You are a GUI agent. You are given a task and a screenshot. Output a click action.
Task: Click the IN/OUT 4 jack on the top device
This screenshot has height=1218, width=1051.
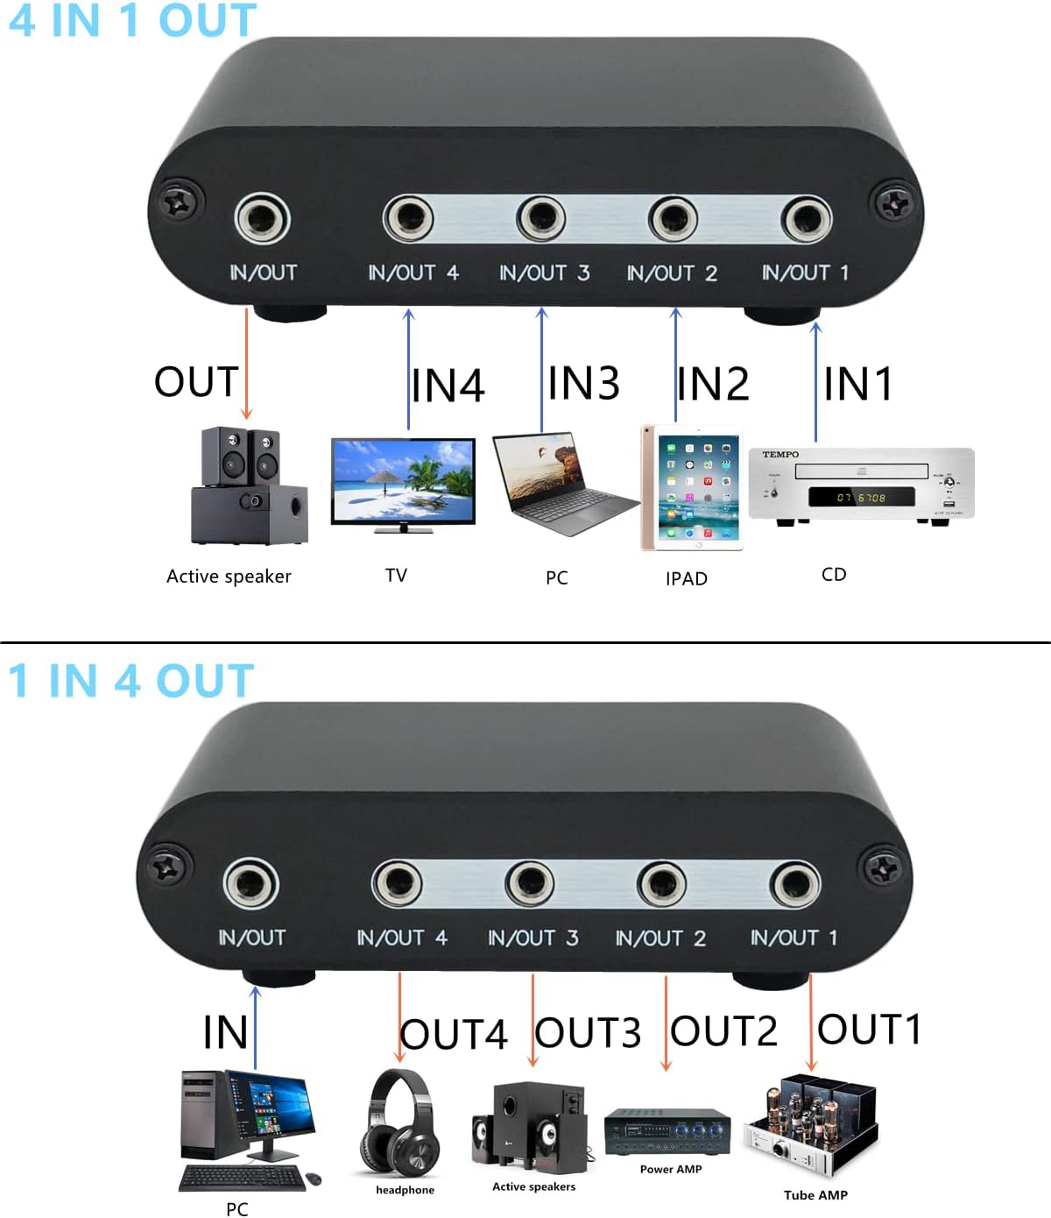click(408, 219)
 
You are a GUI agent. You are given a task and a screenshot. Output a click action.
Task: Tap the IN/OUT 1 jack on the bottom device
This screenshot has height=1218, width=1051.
click(795, 884)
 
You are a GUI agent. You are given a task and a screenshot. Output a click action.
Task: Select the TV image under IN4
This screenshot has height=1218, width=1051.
click(403, 485)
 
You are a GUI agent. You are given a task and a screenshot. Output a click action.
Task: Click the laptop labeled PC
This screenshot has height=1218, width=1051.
click(561, 484)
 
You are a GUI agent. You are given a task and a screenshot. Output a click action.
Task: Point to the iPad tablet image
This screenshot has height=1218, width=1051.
click(692, 488)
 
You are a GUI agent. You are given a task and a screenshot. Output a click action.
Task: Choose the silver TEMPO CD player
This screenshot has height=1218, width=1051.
click(861, 485)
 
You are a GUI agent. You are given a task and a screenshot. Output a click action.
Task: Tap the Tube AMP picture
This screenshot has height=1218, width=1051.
click(810, 1125)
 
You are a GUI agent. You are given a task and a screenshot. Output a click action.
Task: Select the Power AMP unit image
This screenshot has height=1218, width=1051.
click(667, 1131)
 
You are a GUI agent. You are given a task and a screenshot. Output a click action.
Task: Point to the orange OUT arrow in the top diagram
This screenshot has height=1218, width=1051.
click(247, 364)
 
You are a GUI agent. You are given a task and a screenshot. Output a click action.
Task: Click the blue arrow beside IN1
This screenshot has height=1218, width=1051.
click(816, 381)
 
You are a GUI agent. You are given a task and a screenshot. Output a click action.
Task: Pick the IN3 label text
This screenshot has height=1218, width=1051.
click(584, 383)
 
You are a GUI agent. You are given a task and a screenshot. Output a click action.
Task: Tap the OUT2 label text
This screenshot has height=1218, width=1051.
click(724, 1031)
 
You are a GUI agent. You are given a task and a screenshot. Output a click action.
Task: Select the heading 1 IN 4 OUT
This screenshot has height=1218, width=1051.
click(130, 681)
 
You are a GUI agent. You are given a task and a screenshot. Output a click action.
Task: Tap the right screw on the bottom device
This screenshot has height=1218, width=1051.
click(881, 868)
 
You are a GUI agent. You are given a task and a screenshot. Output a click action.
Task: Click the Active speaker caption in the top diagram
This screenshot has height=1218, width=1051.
click(229, 577)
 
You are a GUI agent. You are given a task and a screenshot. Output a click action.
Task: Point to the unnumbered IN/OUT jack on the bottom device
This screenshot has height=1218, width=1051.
click(251, 883)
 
